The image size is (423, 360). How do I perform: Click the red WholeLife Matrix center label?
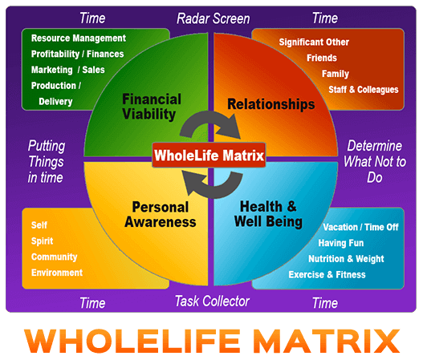[209, 156]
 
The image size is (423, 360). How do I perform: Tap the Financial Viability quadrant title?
[152, 107]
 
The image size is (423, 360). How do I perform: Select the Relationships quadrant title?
[270, 104]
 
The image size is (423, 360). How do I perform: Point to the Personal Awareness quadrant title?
[161, 215]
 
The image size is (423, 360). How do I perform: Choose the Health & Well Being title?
[268, 214]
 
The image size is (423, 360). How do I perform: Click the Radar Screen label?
[214, 18]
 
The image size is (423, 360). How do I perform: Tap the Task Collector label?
[212, 301]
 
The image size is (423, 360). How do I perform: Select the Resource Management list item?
[79, 38]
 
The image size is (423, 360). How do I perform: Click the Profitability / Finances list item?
[77, 54]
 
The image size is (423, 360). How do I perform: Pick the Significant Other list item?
[314, 42]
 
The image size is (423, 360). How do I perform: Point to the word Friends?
[322, 58]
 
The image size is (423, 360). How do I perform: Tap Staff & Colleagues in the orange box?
[364, 90]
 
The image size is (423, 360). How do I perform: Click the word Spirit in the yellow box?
[42, 241]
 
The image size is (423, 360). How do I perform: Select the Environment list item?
[57, 273]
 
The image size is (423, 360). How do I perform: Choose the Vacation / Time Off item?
[360, 227]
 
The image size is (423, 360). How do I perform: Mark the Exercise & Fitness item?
[327, 274]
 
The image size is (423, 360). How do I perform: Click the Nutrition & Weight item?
[346, 259]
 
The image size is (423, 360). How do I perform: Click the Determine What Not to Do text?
[375, 161]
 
